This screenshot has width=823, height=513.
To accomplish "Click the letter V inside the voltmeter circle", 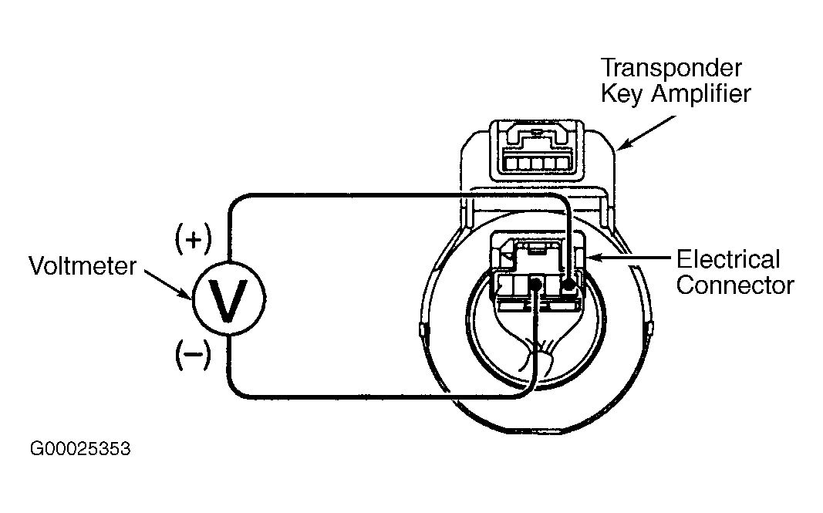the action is [x=228, y=300].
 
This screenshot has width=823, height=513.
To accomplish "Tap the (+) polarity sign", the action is [x=193, y=239].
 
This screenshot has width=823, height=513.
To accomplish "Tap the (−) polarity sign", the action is [x=193, y=354].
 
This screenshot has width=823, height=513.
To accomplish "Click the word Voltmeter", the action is [x=83, y=265].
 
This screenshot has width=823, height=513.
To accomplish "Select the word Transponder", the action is [x=671, y=69].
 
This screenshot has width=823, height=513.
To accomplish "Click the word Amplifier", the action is [x=701, y=94].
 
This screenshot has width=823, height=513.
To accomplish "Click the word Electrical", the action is [x=728, y=259].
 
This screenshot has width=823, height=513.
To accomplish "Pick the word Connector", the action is [x=735, y=285].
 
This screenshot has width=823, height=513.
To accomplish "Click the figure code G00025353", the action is [x=80, y=449].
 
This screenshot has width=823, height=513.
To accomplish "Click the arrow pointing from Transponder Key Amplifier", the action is [x=647, y=133].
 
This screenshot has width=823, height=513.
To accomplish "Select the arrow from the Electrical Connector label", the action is [x=629, y=258].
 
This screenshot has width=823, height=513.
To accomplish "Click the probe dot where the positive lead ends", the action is [x=568, y=285].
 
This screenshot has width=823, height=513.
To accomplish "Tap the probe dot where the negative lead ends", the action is [x=536, y=284].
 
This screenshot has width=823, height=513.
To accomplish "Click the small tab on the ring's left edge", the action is [x=421, y=330].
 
